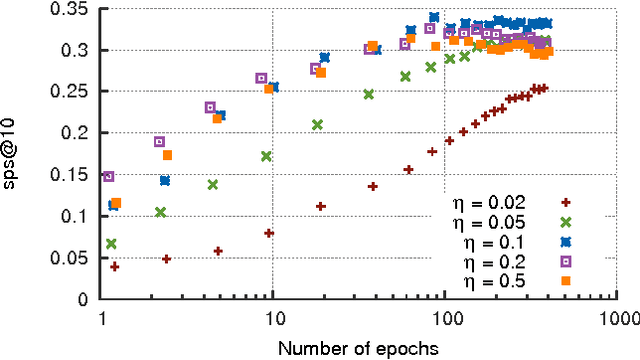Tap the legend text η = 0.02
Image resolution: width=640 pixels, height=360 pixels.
[481, 201]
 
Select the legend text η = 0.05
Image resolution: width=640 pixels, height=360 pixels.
[481, 221]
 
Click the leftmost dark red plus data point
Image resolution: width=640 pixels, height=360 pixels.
[115, 267]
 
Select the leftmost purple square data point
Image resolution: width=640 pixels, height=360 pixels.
[109, 177]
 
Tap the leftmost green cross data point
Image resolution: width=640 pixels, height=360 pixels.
[111, 244]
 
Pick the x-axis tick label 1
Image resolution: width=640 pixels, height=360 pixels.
[104, 317]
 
